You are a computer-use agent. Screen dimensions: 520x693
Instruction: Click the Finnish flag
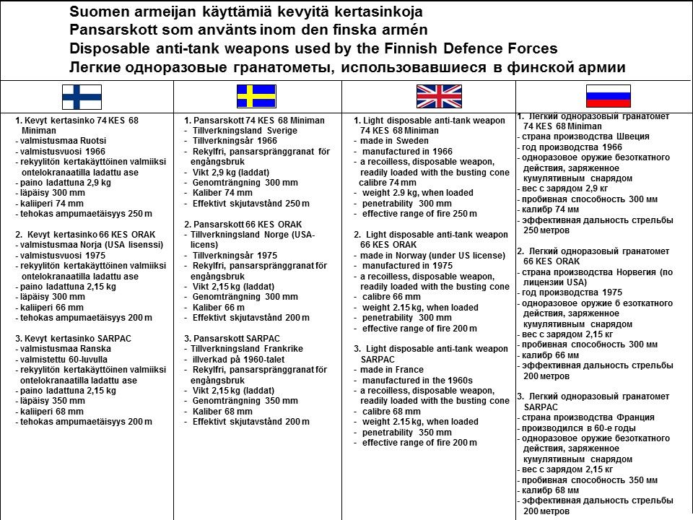click(x=82, y=96)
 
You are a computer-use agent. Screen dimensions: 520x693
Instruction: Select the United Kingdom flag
click(x=438, y=96)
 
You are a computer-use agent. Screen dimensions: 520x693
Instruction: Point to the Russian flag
click(x=608, y=96)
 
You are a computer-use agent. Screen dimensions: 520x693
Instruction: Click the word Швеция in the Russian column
click(x=631, y=136)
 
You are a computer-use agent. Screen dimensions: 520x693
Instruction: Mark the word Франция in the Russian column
click(x=634, y=417)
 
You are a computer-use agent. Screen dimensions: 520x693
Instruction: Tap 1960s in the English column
click(x=458, y=380)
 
